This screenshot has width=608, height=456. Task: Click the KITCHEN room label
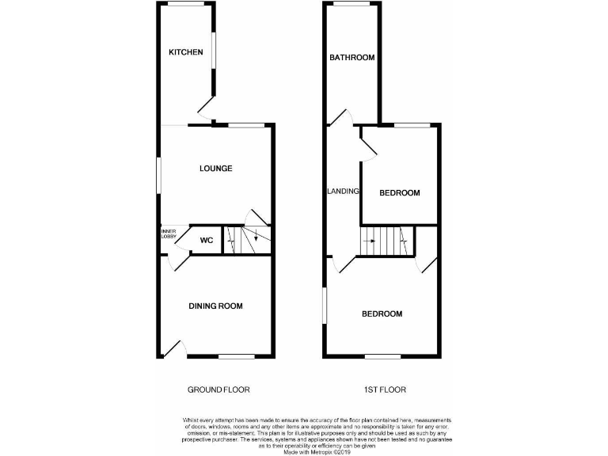click(186, 52)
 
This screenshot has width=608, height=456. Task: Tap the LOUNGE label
click(215, 168)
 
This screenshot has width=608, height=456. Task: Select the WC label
click(206, 241)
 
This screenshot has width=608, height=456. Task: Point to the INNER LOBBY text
click(169, 234)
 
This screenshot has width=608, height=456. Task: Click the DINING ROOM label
click(215, 306)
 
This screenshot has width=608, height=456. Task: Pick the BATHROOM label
click(352, 57)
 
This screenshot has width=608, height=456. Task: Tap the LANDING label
click(344, 192)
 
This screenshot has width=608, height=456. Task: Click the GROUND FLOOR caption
click(218, 389)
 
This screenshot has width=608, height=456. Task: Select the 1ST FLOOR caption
click(380, 389)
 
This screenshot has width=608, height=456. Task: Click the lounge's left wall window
click(158, 173)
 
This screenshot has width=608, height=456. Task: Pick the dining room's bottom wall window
click(236, 357)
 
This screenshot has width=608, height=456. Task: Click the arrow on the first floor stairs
click(369, 239)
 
